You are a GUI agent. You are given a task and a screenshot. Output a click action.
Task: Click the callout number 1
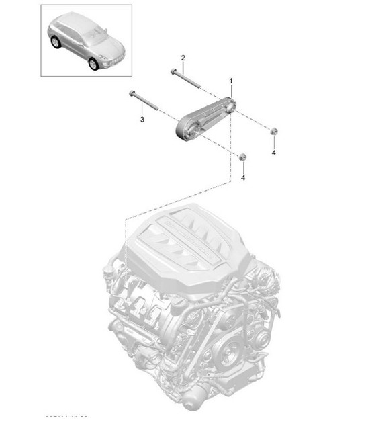(231, 81)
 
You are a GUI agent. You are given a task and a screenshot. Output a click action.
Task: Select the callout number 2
(183, 58)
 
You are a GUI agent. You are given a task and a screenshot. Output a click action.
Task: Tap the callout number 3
(142, 120)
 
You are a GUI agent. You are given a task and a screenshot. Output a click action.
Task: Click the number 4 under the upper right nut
(273, 153)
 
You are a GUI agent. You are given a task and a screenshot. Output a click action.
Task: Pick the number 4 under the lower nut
(243, 177)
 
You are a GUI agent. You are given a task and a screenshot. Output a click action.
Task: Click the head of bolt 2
(173, 71)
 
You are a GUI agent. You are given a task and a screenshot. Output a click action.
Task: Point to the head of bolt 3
(132, 94)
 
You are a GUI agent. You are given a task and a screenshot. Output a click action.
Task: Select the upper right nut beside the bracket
(275, 130)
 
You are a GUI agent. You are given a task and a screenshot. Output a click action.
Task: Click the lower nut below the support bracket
(243, 157)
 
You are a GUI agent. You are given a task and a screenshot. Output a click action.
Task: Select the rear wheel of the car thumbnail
(55, 42)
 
